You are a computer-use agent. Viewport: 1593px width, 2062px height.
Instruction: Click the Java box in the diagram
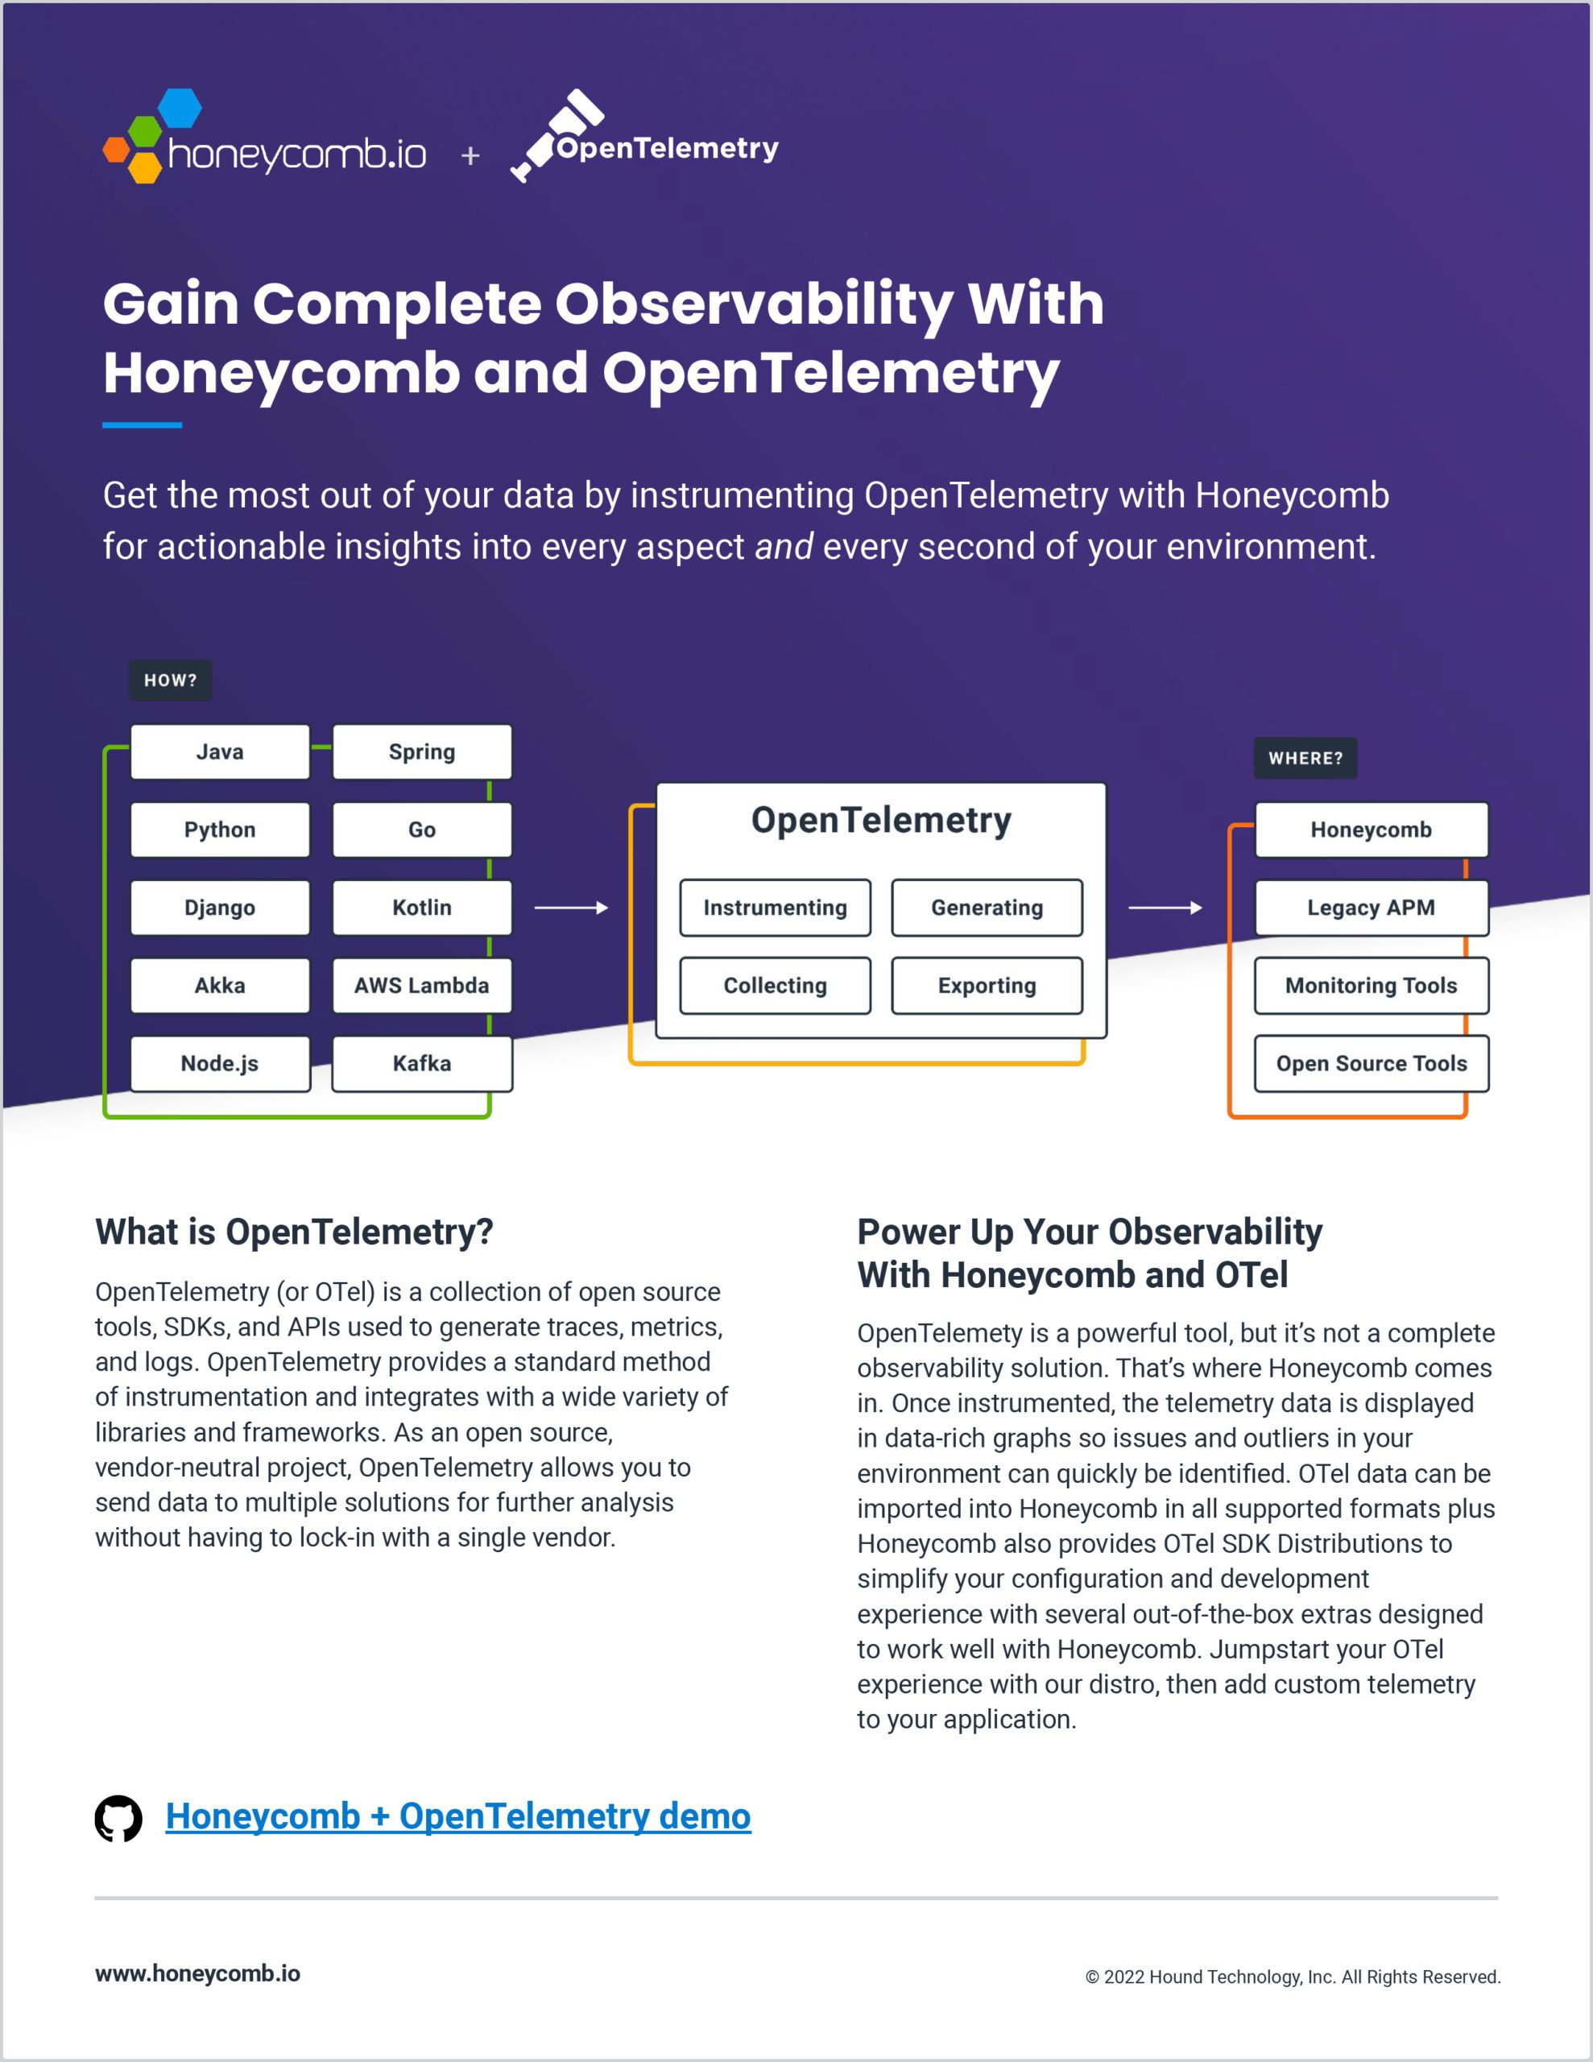(220, 752)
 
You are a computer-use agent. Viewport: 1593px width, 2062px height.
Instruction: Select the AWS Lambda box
(422, 986)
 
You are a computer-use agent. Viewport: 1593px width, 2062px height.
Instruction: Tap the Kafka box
(422, 1064)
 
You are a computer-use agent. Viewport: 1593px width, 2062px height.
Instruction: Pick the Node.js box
(220, 1064)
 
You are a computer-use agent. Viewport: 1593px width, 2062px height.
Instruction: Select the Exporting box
(987, 986)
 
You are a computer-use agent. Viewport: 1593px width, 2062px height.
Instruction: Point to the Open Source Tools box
(1371, 1064)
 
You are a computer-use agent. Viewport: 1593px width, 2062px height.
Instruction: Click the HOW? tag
(171, 680)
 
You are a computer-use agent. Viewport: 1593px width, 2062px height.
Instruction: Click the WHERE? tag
(1305, 758)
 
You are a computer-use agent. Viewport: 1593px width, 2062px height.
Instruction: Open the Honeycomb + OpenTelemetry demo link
(458, 1816)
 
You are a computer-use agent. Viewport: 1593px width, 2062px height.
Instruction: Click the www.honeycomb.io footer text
(198, 1973)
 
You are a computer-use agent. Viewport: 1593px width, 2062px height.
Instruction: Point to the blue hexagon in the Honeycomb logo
(180, 108)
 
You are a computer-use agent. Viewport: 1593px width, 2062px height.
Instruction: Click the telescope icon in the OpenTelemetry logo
(557, 135)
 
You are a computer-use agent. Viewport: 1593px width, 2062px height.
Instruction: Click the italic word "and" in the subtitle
(784, 547)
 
